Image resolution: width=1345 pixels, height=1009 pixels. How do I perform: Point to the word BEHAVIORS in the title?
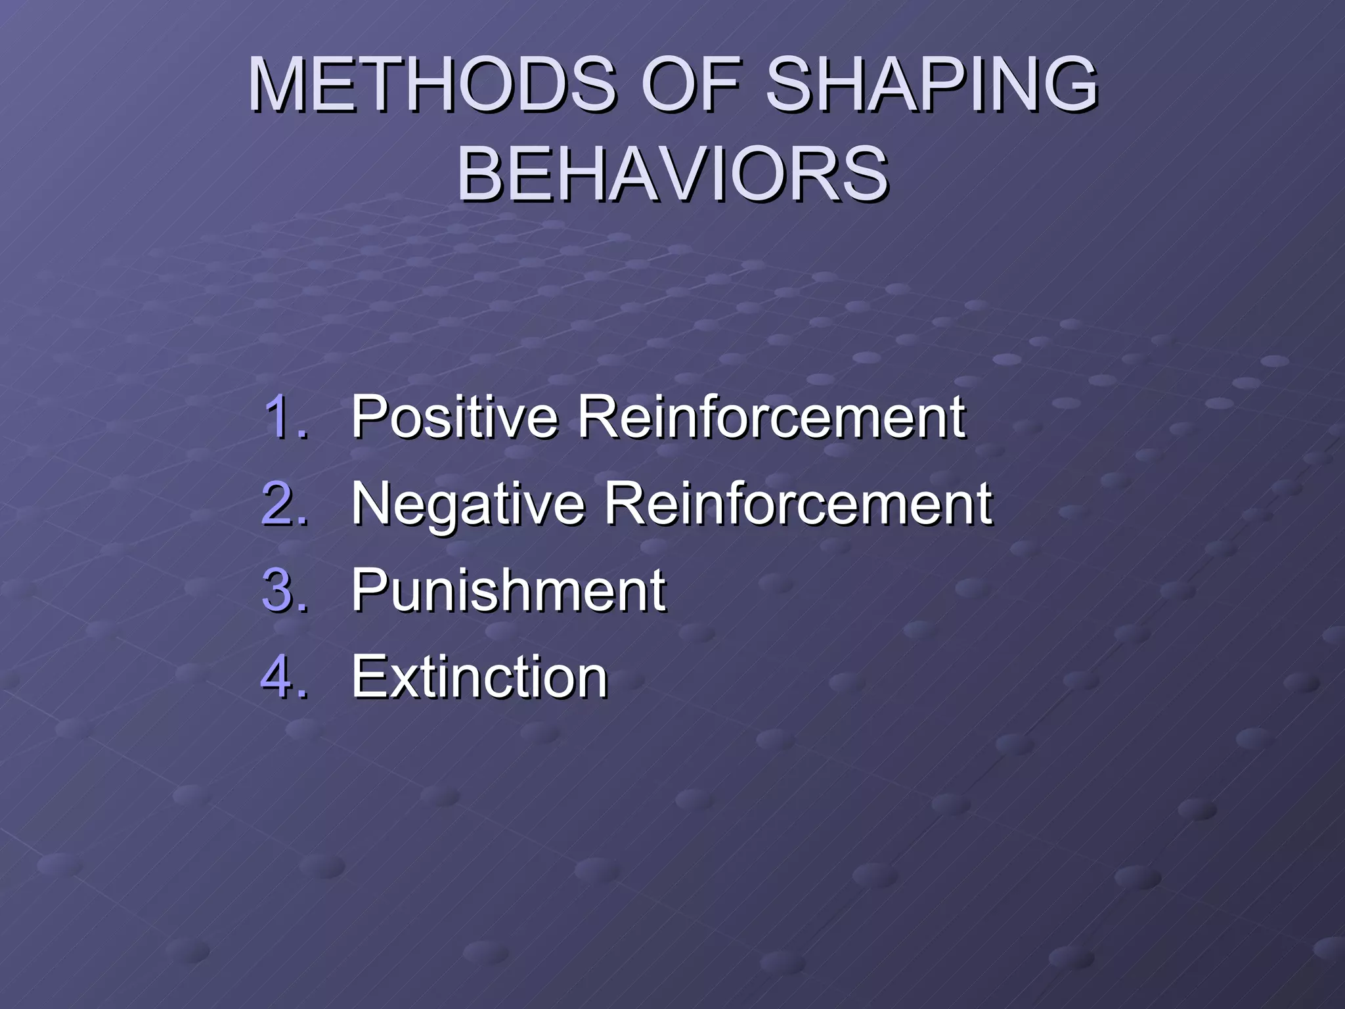click(672, 175)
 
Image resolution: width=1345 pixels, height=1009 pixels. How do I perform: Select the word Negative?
click(468, 504)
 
